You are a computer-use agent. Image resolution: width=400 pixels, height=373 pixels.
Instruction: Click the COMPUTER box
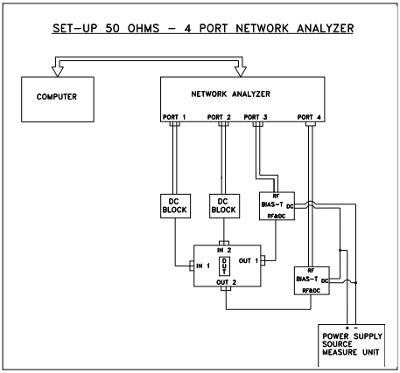pos(58,100)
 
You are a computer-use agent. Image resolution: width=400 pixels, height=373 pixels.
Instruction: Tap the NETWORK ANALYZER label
pos(230,94)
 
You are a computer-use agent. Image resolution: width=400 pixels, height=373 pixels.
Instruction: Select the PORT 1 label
pos(174,117)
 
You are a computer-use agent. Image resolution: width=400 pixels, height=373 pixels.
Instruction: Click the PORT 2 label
pos(219,117)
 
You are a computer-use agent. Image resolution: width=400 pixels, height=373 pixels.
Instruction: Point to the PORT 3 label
pos(256,117)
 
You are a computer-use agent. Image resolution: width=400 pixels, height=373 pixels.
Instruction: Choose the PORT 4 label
pos(309,117)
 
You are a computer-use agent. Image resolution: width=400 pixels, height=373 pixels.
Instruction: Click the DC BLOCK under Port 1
pos(175,206)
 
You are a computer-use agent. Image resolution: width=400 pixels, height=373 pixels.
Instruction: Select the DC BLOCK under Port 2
pos(224,206)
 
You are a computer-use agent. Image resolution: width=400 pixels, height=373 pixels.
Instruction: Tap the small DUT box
pos(224,266)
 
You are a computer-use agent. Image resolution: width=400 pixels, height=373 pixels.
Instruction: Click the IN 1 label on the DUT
pos(203,266)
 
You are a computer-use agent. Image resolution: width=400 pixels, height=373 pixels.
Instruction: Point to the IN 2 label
pos(224,250)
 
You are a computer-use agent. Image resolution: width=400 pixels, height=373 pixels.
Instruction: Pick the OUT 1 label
pos(249,261)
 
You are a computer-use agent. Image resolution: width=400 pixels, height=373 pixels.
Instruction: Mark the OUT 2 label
pos(227,282)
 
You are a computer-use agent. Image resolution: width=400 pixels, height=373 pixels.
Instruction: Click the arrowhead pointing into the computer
pos(58,72)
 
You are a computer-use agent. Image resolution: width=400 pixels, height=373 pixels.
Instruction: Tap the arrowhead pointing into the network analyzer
pos(241,72)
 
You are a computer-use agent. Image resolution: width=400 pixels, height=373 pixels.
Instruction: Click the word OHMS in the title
pos(144,28)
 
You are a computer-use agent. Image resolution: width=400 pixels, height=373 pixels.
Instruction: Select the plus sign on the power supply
pos(347,328)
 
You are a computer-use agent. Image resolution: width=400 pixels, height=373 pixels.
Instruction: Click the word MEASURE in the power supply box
pos(340,352)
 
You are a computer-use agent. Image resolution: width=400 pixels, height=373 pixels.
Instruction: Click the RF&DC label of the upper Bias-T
pos(277,216)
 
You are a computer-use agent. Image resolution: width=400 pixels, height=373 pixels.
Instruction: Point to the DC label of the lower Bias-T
pos(325,281)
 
